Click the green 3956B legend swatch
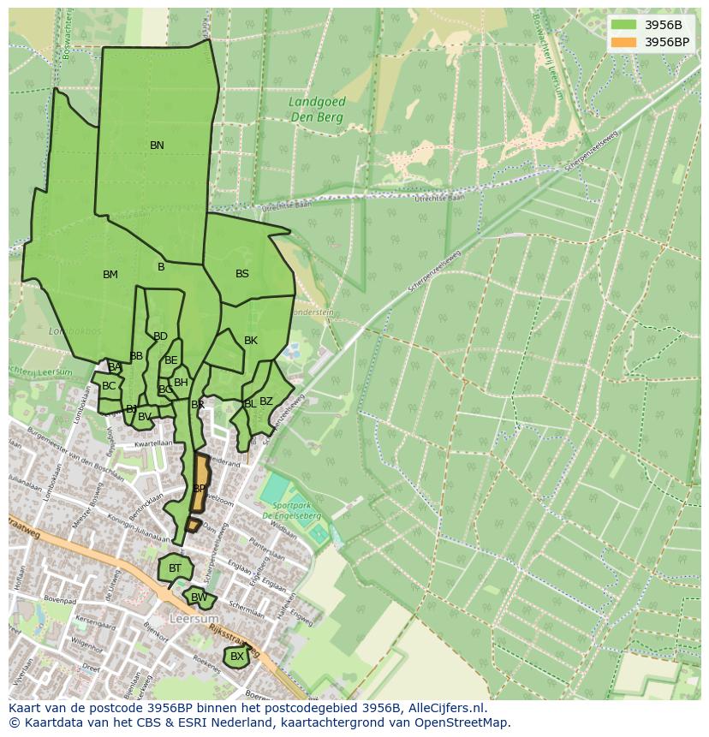(x=625, y=25)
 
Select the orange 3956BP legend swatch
(x=625, y=42)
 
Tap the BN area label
(x=157, y=146)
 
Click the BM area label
(x=110, y=275)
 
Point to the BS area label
(x=242, y=274)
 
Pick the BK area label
(x=251, y=341)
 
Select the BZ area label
(x=266, y=401)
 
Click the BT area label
(x=176, y=568)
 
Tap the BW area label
(x=199, y=597)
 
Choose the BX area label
(x=237, y=657)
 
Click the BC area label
(x=109, y=386)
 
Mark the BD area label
(x=160, y=336)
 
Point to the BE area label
(x=171, y=360)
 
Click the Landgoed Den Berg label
(x=317, y=109)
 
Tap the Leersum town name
(x=194, y=618)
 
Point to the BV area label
(x=145, y=417)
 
